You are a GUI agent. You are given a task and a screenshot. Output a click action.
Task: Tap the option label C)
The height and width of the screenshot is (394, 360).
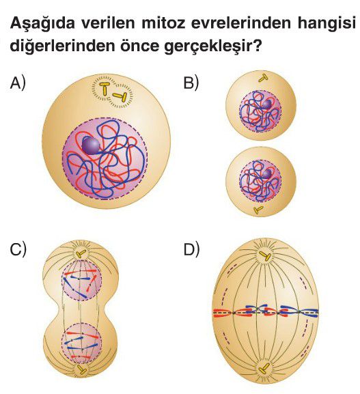(x=18, y=249)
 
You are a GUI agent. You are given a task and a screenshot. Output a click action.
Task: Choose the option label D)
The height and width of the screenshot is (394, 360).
(x=191, y=249)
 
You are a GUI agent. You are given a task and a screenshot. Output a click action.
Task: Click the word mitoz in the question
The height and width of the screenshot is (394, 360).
(x=163, y=23)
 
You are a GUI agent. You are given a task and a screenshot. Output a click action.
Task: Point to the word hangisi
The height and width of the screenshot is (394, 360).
(x=327, y=23)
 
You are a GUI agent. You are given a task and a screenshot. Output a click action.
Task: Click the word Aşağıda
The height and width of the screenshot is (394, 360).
(x=43, y=23)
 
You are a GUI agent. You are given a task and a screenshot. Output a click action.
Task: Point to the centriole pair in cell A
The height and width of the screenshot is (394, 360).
(x=113, y=92)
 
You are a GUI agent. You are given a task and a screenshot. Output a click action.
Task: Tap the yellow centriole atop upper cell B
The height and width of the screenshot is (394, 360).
(x=264, y=79)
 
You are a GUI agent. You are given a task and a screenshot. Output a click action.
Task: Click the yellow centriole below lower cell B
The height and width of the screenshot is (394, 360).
(x=258, y=210)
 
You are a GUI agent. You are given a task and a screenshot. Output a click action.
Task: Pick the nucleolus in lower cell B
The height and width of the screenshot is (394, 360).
(x=266, y=173)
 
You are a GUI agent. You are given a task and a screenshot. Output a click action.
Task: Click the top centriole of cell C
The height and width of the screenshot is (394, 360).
(x=81, y=254)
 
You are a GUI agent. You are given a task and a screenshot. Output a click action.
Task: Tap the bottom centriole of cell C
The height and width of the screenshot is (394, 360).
(x=81, y=369)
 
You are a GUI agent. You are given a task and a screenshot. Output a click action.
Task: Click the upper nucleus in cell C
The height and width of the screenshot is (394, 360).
(x=82, y=280)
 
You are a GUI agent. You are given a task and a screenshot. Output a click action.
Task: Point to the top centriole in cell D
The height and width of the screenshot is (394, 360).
(x=265, y=256)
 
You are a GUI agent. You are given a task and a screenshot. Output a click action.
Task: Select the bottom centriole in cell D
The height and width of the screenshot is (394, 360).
(x=264, y=369)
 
